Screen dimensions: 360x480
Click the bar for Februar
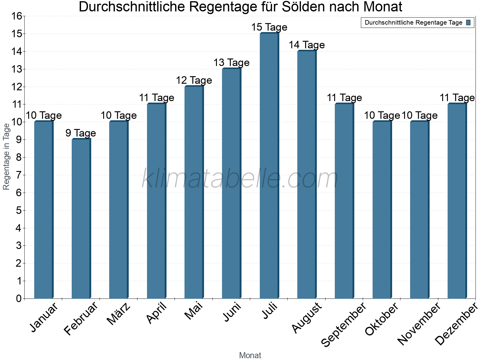pos(81,219)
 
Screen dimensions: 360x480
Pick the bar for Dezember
pos(457,201)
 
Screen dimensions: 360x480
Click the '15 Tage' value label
pos(269,27)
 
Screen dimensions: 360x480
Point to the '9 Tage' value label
pos(81,133)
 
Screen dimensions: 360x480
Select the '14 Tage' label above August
pos(307,45)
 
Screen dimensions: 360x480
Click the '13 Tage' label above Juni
pos(231,63)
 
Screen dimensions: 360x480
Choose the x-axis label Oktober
pos(382,319)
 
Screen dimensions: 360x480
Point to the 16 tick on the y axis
pos(17,16)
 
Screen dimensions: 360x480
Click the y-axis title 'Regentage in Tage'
pos(7,157)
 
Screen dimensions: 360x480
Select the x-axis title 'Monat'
pos(250,355)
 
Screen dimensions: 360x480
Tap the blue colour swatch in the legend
pos(468,22)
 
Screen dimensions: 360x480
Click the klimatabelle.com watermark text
pos(240,179)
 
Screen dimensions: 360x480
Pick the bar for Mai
pos(194,192)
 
